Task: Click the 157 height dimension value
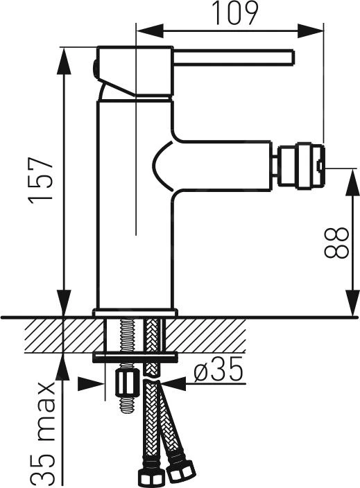41,180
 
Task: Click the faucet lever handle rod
234,58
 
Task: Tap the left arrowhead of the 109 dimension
150,31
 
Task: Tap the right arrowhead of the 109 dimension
311,31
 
